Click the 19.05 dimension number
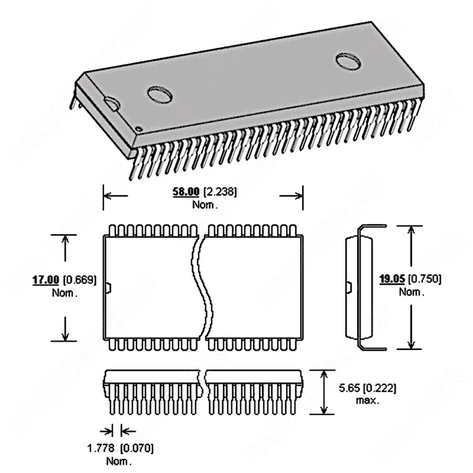coord(392,279)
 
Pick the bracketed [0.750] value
coord(425,279)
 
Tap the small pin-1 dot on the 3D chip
coord(138,129)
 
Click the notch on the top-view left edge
coord(107,287)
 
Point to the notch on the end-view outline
coord(349,287)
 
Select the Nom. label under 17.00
coord(64,292)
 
